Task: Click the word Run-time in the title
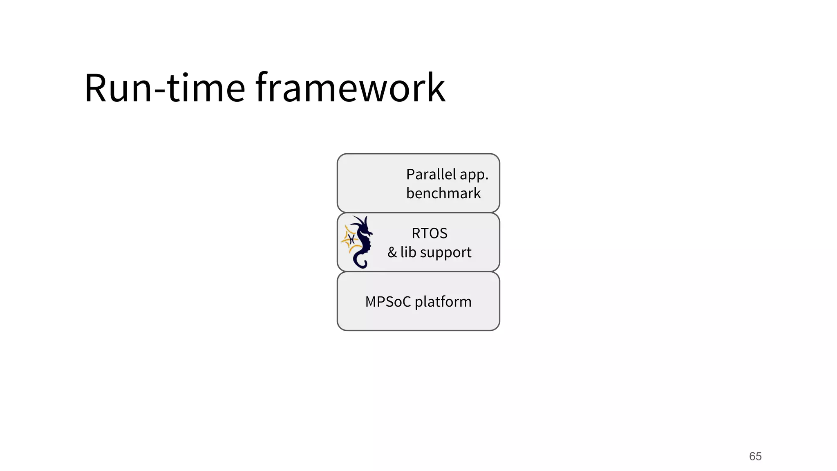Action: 164,88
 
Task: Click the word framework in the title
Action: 350,88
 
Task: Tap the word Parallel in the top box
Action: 431,175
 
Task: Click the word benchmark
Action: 443,193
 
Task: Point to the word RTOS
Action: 430,233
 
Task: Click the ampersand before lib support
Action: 392,252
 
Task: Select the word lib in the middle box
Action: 408,252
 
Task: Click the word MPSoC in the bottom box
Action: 388,302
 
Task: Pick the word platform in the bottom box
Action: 443,302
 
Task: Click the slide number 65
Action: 755,456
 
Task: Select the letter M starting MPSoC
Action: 372,302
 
